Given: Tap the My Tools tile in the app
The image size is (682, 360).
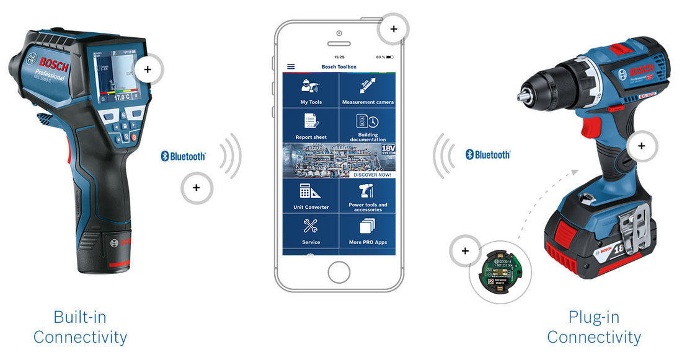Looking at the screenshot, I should click(311, 90).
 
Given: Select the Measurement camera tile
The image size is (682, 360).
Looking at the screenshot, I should click(368, 90).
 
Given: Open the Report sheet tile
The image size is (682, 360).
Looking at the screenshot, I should click(311, 126).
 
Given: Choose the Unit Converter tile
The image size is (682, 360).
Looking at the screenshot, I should click(311, 196).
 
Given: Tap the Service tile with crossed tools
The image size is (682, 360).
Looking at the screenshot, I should click(311, 231).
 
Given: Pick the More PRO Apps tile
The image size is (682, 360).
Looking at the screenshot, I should click(368, 231).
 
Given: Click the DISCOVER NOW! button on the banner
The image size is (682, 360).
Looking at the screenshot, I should click(373, 175).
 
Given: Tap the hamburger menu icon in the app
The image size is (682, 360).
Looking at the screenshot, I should click(291, 66).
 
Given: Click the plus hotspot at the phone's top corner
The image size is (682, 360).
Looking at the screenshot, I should click(393, 29).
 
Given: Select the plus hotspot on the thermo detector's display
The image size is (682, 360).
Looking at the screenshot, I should click(148, 70).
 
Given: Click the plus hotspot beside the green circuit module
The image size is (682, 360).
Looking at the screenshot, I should click(465, 251).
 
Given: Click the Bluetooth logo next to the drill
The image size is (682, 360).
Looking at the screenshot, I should click(488, 154).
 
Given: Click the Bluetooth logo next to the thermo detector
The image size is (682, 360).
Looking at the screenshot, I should click(183, 156).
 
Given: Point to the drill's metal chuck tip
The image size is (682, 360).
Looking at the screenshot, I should click(523, 96).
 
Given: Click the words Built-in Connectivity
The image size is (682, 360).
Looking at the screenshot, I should click(80, 327).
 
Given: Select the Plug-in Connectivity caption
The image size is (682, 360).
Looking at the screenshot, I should click(593, 327).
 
